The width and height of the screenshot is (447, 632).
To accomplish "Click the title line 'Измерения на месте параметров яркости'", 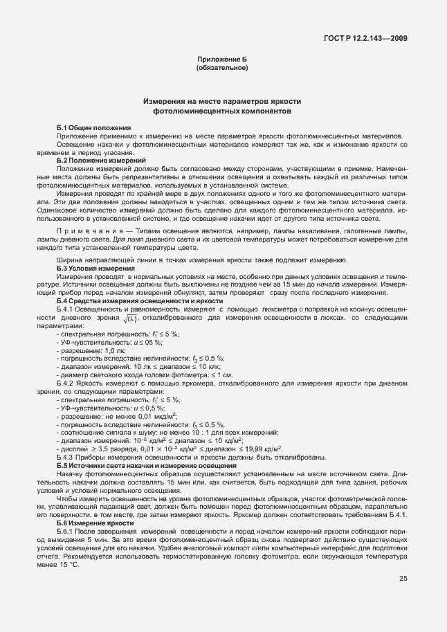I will [x=222, y=102].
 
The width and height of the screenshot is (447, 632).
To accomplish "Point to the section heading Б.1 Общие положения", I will [x=93, y=128].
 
